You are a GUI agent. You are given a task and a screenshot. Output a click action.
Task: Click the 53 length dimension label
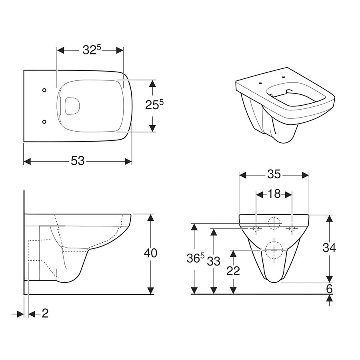[78, 161]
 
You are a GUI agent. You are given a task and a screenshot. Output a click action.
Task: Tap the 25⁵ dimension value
[154, 104]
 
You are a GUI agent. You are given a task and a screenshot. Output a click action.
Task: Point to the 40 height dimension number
[150, 253]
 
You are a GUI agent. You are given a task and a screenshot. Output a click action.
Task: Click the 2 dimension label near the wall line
[45, 313]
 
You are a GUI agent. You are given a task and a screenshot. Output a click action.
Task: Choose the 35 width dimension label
[274, 174]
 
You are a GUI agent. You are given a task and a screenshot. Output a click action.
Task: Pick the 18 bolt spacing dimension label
[274, 194]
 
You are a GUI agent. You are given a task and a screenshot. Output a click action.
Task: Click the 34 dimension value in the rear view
[329, 248]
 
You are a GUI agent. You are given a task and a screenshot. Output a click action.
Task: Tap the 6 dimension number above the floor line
[329, 289]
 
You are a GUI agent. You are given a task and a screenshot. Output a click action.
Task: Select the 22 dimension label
[233, 271]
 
